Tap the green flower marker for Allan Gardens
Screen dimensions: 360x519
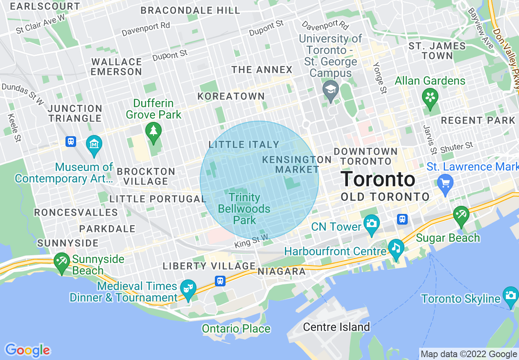tap(430, 97)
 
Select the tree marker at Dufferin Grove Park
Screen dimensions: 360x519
tap(153, 131)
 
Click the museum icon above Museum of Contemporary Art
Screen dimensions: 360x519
tap(94, 144)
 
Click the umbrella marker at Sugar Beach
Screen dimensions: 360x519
tap(461, 214)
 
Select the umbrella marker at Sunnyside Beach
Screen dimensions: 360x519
tap(62, 261)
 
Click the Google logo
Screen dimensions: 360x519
tap(27, 350)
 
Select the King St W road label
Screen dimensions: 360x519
tap(251, 241)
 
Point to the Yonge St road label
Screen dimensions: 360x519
tap(379, 78)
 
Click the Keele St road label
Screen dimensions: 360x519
tap(14, 128)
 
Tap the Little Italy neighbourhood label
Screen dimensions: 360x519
tap(244, 144)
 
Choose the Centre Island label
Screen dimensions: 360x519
tap(336, 327)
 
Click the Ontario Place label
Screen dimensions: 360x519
tap(236, 328)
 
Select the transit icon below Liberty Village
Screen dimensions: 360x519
tap(220, 281)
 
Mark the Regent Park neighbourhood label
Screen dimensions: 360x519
tap(478, 121)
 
